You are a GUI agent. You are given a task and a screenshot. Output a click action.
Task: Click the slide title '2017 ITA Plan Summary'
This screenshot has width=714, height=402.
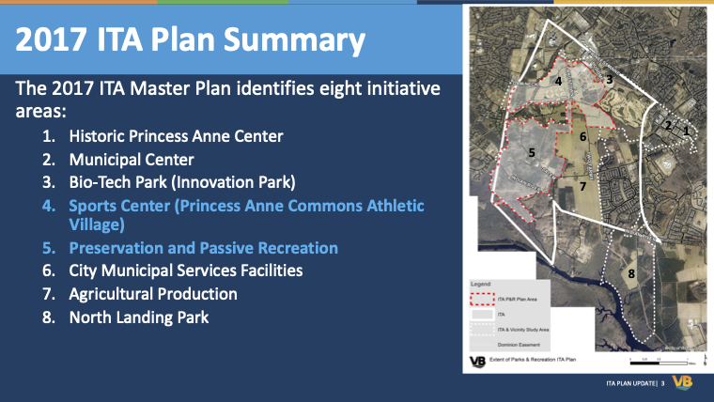tap(191, 40)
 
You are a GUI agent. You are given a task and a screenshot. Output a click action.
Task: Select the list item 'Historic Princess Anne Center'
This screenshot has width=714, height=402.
tap(175, 136)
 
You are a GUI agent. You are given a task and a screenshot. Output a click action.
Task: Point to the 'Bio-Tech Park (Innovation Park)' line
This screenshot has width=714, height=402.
tap(182, 181)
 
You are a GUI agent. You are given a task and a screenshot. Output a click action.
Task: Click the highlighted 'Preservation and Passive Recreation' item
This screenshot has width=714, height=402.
tap(203, 248)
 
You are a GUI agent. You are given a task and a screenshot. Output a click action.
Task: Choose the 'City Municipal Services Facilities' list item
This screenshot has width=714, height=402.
tap(185, 271)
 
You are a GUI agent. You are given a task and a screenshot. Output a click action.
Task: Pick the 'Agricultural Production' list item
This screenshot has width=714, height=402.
tap(152, 294)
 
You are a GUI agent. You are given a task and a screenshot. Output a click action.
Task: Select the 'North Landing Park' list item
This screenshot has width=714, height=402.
tap(138, 317)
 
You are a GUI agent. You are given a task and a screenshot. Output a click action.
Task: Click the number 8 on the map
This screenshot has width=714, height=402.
tap(631, 273)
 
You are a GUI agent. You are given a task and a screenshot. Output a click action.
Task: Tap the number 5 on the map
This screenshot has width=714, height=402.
tap(532, 151)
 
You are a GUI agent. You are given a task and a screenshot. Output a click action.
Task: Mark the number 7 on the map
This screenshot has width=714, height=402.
tap(582, 186)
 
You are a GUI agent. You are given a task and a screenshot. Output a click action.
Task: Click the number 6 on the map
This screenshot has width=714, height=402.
tap(582, 136)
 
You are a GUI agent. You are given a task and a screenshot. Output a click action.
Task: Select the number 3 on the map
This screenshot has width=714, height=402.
tap(609, 80)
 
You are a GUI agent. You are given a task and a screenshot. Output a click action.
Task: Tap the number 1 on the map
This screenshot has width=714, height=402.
tap(686, 131)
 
